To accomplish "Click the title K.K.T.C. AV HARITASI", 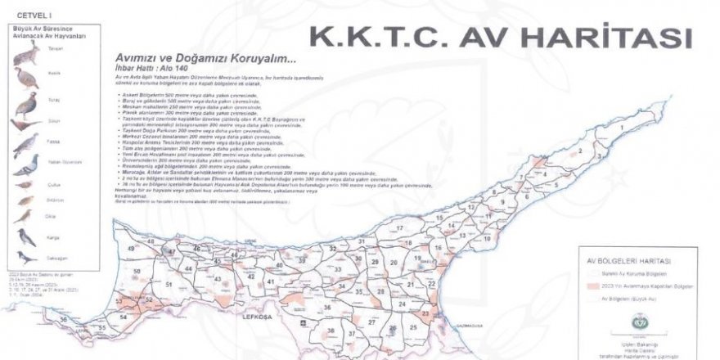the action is pos(497,38).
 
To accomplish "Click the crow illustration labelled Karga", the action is pos(27,238).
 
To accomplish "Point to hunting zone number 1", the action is pos(623,128).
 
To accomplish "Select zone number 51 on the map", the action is pos(169,284).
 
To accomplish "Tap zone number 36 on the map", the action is pos(327,308).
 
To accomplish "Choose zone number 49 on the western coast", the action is pos(131,247).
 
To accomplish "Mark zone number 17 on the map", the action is pos(400,228).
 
